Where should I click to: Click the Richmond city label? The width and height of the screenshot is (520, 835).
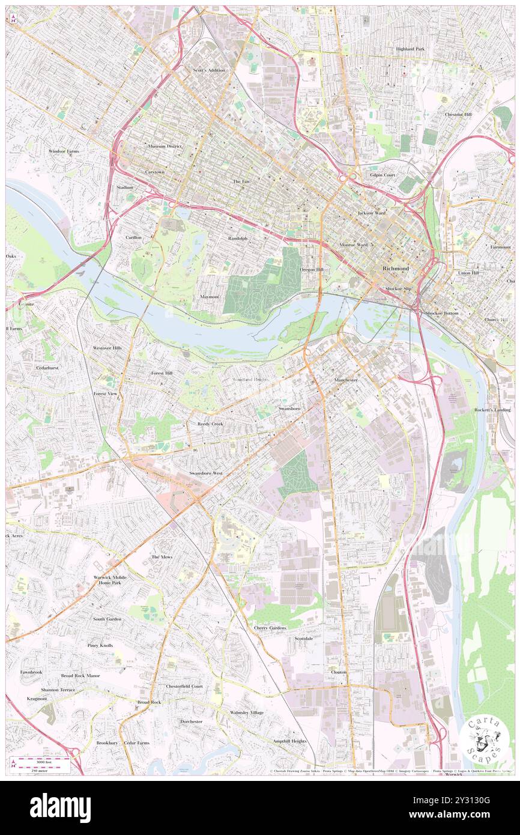396,268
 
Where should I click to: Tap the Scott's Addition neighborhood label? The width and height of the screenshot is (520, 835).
208,70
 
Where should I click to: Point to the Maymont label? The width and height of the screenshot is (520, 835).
209,297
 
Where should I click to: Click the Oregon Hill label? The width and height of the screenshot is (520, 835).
312,270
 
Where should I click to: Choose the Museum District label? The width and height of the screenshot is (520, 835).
165,146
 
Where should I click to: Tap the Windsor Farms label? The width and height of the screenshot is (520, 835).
64,151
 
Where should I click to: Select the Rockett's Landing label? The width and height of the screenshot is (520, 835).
492,410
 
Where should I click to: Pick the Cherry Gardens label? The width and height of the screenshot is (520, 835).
270,628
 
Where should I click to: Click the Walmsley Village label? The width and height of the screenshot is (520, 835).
246,712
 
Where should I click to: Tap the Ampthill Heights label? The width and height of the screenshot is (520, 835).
289,741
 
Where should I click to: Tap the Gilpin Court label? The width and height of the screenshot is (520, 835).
382,175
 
